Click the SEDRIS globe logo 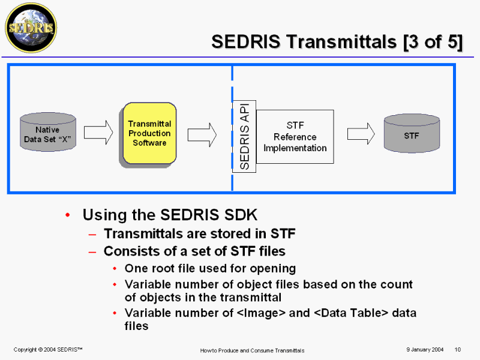coord(31,28)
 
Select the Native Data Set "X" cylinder coord(48,132)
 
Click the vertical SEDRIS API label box coord(244,136)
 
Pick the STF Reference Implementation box coord(295,137)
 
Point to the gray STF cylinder coord(412,133)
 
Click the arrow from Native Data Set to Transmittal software coord(98,132)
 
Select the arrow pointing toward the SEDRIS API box coord(202,134)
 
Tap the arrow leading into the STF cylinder coord(361,134)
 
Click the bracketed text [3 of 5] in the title coord(433,42)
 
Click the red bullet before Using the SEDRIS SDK coord(68,215)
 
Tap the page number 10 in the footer coord(458,350)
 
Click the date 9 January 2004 coord(425,350)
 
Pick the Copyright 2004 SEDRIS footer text coord(48,350)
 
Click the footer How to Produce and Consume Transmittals coord(252,350)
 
